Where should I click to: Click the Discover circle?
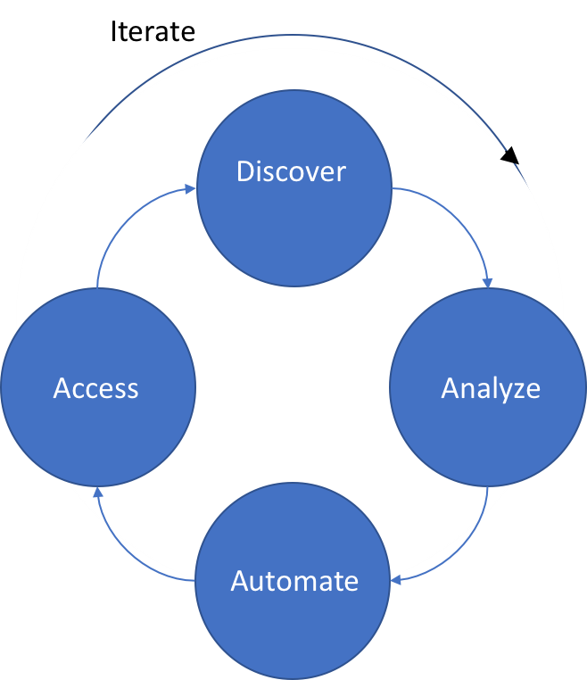pos(294,214)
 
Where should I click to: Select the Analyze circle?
pos(488,419)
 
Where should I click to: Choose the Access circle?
pos(98,419)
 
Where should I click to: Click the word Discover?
pos(291,171)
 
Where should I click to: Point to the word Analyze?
pos(491,389)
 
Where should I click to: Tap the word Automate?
pos(294,581)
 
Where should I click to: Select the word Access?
pos(96,389)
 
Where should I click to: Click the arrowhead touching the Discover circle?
pos(190,188)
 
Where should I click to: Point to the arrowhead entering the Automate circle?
pos(396,579)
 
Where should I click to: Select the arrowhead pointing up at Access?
pos(98,493)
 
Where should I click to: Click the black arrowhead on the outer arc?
pos(509,158)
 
